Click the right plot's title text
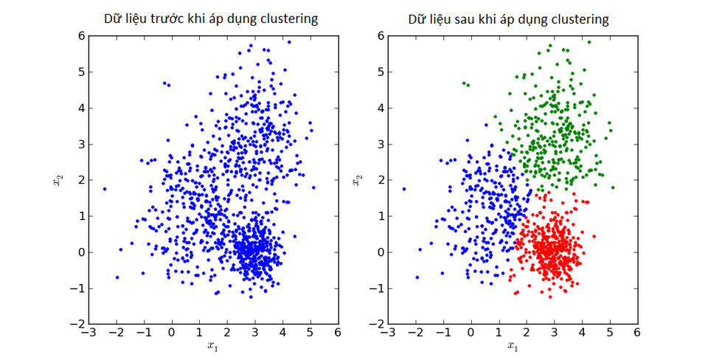[x=509, y=19]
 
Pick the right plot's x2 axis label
[x=357, y=180]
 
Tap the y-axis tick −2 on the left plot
[x=77, y=325]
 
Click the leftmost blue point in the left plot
[x=105, y=189]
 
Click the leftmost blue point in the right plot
[x=404, y=189]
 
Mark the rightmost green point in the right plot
[x=613, y=187]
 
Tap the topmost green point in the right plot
[x=589, y=42]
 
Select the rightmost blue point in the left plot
[x=313, y=187]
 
